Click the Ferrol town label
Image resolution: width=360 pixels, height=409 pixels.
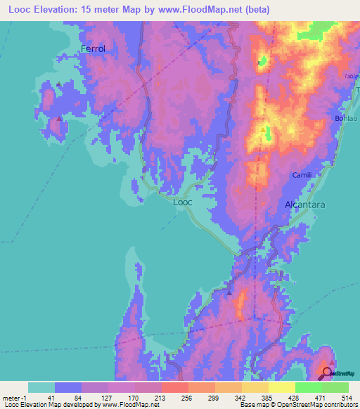point(93,48)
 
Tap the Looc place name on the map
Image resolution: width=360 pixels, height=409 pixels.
point(182,202)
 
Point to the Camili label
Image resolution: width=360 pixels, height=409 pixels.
point(302,174)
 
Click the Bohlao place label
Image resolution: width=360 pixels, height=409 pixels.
point(347,119)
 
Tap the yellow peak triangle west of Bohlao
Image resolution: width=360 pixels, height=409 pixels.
point(264,130)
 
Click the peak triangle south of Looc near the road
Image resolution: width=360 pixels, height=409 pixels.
point(229,292)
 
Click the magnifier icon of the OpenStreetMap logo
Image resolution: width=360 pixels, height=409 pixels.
point(327,372)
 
